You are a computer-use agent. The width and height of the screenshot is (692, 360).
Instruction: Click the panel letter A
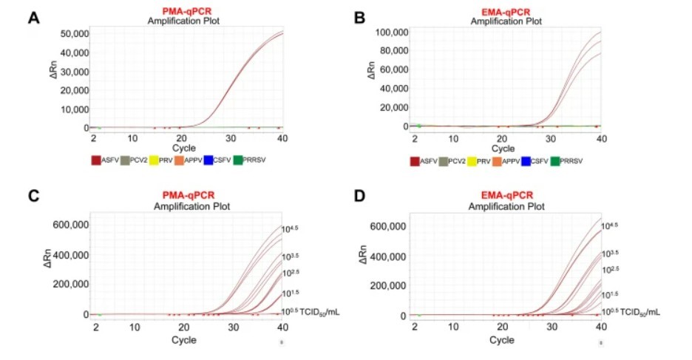[x=33, y=17]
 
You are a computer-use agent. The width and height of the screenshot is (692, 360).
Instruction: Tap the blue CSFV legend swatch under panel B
[x=526, y=160]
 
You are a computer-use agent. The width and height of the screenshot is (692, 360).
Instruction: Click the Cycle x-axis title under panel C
[x=184, y=340]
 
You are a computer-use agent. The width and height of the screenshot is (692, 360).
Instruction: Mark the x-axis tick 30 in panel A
[x=231, y=139]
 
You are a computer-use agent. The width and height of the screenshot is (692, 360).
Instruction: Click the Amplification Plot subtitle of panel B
[x=503, y=21]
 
